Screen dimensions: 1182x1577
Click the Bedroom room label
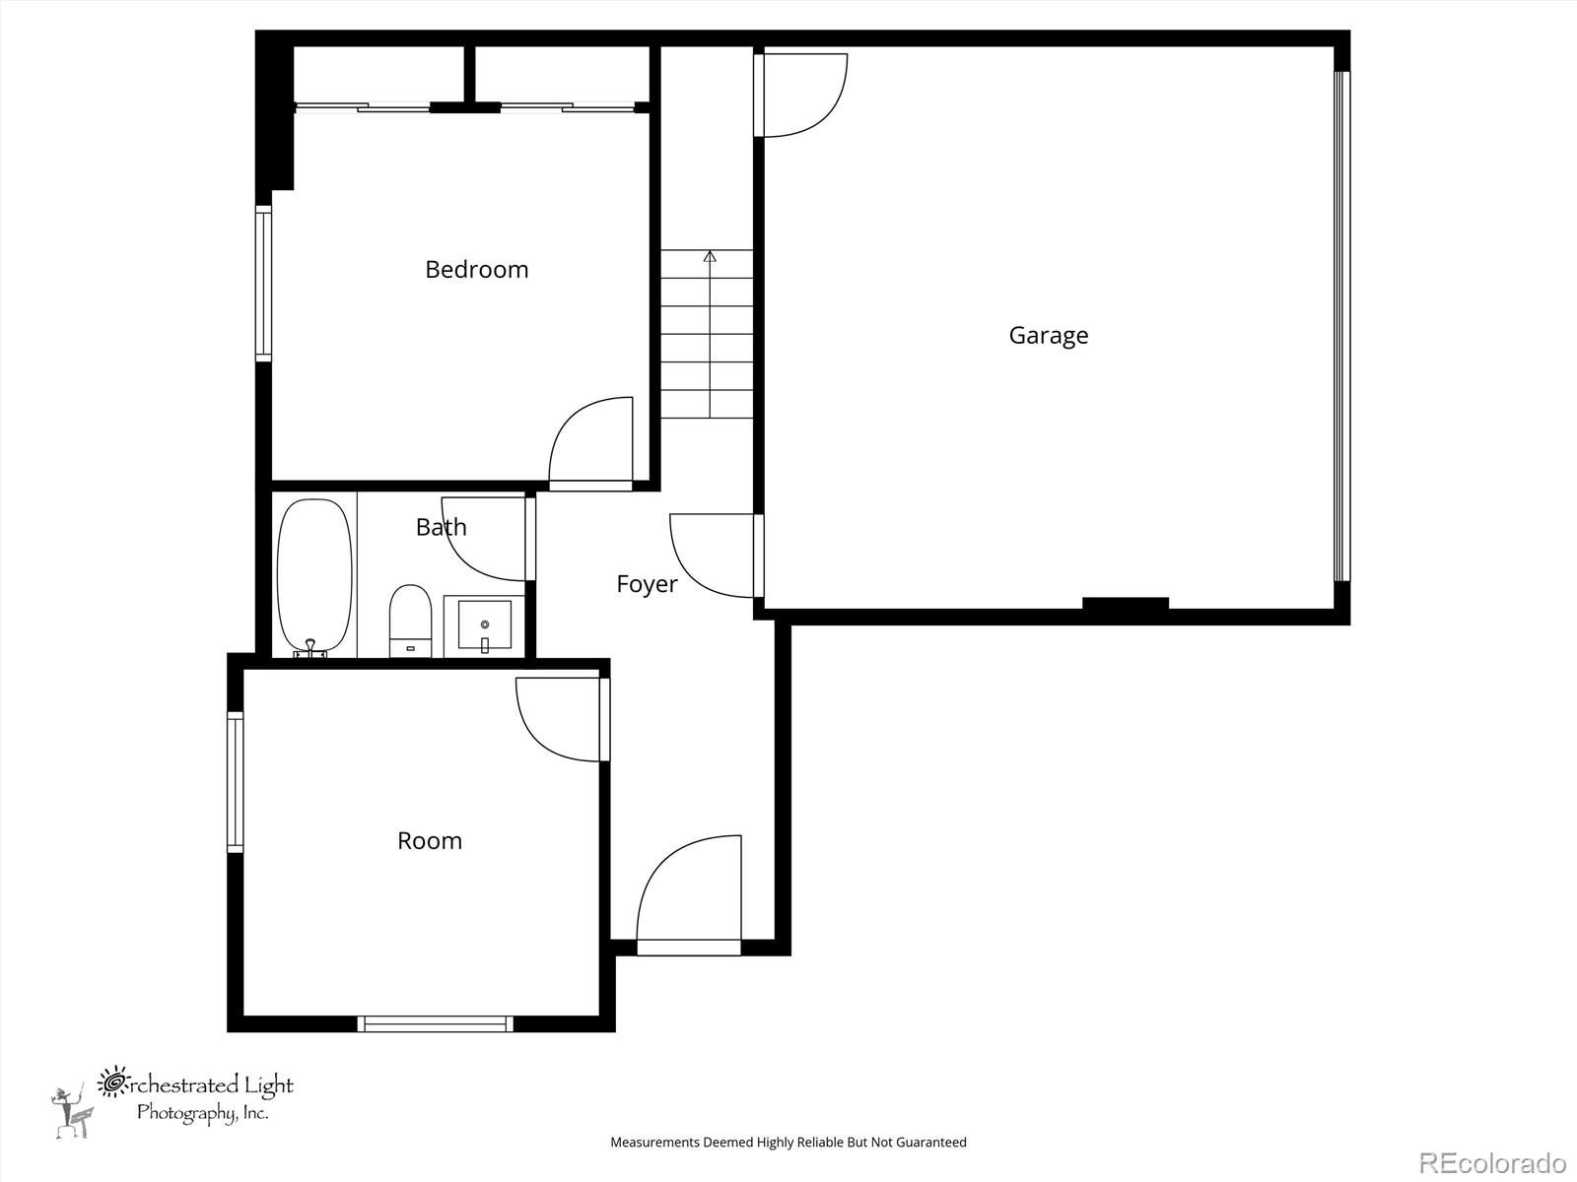[476, 270]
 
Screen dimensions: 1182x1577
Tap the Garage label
[1048, 335]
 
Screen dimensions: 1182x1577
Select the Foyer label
[647, 584]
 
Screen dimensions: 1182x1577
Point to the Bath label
[441, 527]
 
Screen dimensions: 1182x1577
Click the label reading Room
[429, 840]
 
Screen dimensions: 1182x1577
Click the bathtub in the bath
[314, 576]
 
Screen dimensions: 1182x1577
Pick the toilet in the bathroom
[410, 620]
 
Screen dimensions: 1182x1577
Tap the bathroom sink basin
[484, 624]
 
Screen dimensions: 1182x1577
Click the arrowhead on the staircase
[710, 256]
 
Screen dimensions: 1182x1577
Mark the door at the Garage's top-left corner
[800, 95]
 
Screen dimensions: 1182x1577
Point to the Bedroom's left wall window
[263, 283]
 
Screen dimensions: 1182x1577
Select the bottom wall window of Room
[435, 1023]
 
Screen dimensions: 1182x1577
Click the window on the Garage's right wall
[1340, 326]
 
